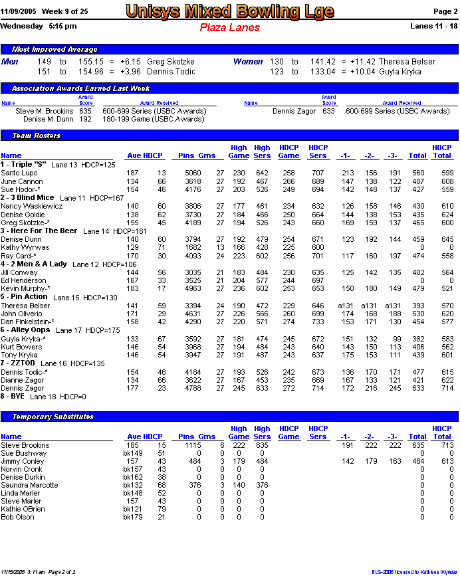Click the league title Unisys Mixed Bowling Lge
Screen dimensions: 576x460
pyautogui.click(x=229, y=11)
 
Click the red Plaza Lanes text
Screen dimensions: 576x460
pyautogui.click(x=229, y=28)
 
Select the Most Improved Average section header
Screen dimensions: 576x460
pyautogui.click(x=55, y=49)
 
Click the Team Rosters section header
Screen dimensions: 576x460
pyautogui.click(x=37, y=136)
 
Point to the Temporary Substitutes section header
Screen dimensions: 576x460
pyautogui.click(x=53, y=417)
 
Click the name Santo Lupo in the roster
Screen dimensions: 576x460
pyautogui.click(x=19, y=173)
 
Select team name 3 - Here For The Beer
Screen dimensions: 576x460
pyautogui.click(x=39, y=231)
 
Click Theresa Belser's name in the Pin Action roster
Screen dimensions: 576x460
pyautogui.click(x=25, y=306)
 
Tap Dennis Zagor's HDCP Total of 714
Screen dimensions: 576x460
pyautogui.click(x=442, y=388)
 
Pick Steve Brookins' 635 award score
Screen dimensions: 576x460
pyautogui.click(x=85, y=112)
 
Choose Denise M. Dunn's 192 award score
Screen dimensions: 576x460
pyautogui.click(x=85, y=120)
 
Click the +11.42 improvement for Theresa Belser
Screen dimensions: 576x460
pyautogui.click(x=364, y=62)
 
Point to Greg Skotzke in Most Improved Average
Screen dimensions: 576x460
pyautogui.click(x=171, y=62)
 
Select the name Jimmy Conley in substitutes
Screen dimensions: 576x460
pyautogui.click(x=23, y=461)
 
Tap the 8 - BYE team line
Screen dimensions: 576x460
pyautogui.click(x=13, y=397)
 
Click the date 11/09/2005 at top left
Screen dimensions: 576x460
pyautogui.click(x=19, y=12)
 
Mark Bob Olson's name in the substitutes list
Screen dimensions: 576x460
pyautogui.click(x=17, y=517)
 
